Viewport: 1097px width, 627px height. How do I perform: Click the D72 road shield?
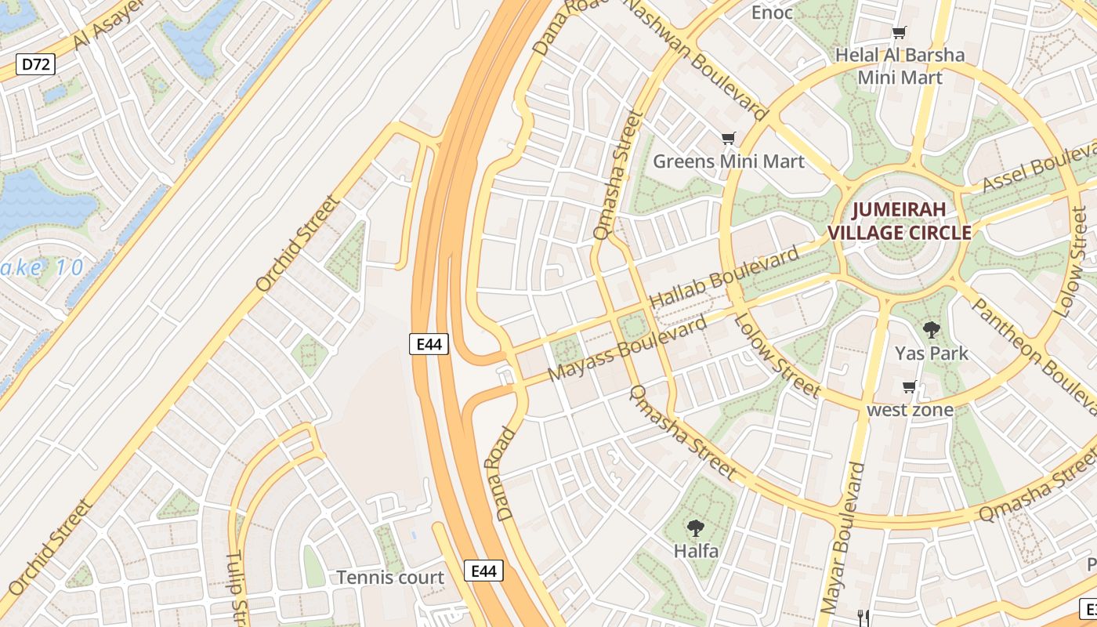[36, 64]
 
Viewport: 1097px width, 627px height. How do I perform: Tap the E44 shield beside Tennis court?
[483, 571]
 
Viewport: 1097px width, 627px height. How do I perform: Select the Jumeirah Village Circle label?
[900, 221]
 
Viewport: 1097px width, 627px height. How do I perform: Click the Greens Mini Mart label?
[729, 161]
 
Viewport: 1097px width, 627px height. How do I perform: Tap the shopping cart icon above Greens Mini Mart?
[729, 139]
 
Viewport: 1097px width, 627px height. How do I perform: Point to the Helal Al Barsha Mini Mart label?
[900, 66]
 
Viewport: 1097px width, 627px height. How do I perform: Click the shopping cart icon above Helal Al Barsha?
[899, 33]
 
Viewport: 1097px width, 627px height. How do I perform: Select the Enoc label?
[772, 13]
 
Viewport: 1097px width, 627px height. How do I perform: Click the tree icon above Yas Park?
[932, 329]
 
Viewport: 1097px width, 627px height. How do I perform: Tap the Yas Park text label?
[932, 353]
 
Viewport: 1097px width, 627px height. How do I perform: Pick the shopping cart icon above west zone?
[910, 386]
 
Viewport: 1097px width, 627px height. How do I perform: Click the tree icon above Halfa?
[695, 527]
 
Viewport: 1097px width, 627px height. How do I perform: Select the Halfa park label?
[696, 551]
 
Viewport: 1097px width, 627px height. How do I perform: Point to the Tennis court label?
[390, 578]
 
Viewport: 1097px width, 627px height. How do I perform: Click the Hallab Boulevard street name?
[725, 277]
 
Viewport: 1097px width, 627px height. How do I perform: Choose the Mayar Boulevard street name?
[842, 537]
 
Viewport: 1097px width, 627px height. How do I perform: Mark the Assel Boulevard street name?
[1038, 166]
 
